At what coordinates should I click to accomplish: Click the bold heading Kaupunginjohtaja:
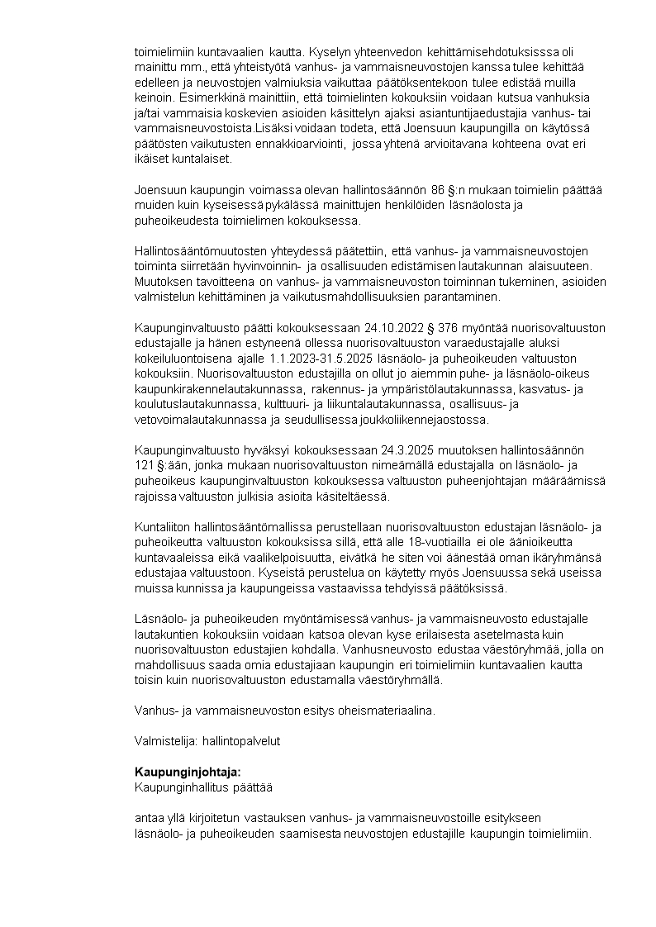pyautogui.click(x=188, y=772)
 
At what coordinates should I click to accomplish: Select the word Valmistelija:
pyautogui.click(x=162, y=741)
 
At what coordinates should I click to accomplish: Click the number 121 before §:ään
pyautogui.click(x=145, y=465)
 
